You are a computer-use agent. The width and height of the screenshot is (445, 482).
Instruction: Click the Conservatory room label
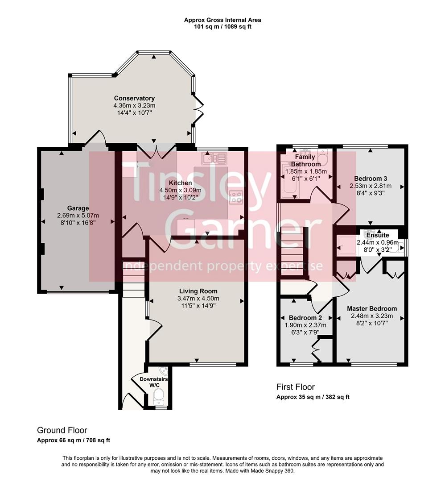click(x=134, y=98)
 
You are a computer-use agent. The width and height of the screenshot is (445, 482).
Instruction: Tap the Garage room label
click(x=78, y=208)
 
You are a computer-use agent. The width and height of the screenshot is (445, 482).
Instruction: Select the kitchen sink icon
click(x=214, y=158)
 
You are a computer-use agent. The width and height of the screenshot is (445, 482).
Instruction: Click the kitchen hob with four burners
click(x=236, y=197)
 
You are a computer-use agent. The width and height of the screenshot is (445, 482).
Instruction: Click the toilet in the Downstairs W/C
click(x=158, y=395)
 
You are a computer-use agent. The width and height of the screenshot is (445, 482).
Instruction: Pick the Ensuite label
click(x=378, y=235)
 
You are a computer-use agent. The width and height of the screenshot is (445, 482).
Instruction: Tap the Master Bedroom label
click(x=372, y=308)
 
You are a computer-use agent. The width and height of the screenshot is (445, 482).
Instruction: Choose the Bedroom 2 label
click(x=305, y=318)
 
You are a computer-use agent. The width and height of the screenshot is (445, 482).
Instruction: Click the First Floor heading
click(x=295, y=387)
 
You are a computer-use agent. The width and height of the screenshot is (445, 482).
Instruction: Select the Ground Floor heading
click(x=62, y=430)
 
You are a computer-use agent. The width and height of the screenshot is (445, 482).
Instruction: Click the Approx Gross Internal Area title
click(x=222, y=20)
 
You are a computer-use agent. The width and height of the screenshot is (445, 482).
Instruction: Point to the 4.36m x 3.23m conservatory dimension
click(x=134, y=105)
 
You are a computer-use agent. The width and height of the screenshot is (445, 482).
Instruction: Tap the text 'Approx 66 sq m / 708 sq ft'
click(x=74, y=440)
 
